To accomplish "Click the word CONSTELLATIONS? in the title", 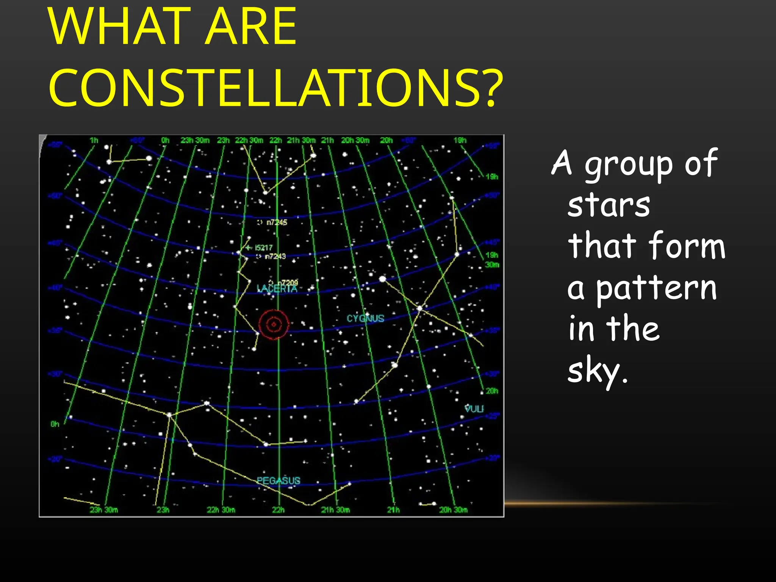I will (x=276, y=88).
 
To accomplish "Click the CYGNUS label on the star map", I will (x=365, y=318).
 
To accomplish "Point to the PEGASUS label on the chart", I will (x=278, y=481).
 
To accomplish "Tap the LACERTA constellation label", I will (x=277, y=289).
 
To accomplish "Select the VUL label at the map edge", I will (x=474, y=408).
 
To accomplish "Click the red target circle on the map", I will (x=274, y=324).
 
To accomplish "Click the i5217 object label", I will (x=263, y=248).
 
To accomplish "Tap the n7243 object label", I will (x=275, y=257).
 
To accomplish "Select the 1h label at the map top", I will (x=94, y=141).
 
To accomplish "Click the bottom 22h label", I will (x=278, y=510).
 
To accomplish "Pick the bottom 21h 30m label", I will (x=335, y=510).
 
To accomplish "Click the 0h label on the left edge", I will (x=55, y=424).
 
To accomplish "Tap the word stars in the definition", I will (x=609, y=205).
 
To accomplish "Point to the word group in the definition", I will (x=629, y=164).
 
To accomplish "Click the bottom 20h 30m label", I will (x=453, y=510).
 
